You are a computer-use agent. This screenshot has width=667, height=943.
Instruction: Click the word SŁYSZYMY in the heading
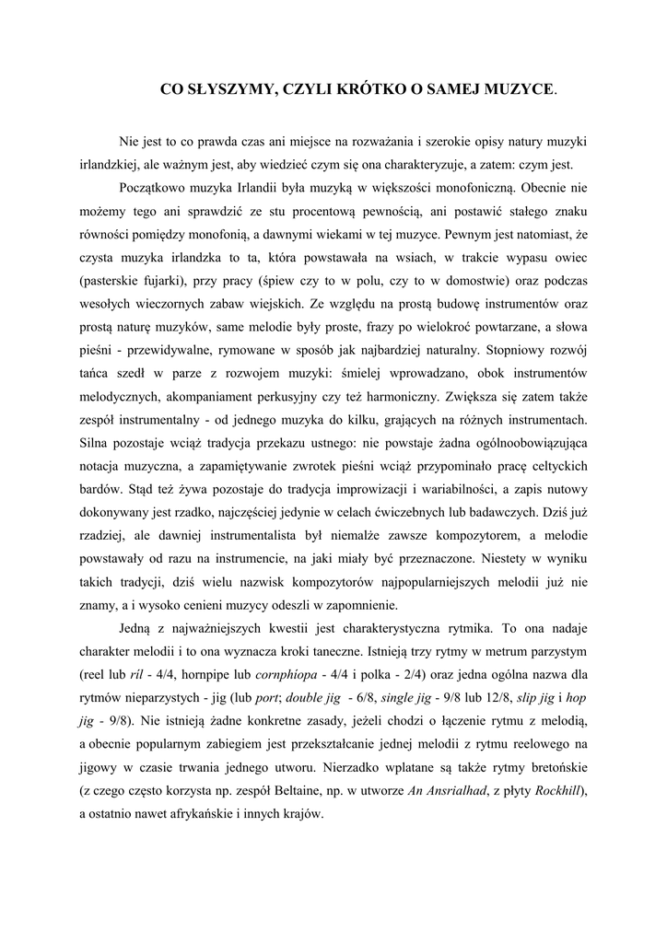click(228, 89)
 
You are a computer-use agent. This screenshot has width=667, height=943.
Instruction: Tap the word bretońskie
click(553, 767)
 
